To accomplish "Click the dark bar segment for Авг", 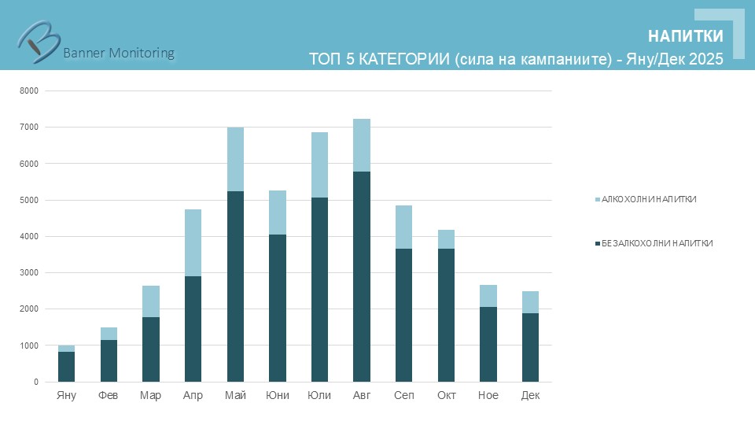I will pos(362,276).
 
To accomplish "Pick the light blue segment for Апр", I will pos(193,242).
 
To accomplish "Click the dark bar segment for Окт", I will pos(446,315).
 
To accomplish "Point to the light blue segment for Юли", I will pos(319,164).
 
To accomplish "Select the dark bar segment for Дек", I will pos(530,347).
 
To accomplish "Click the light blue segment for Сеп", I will pos(403,227).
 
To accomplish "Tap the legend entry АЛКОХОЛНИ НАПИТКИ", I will pos(648,199).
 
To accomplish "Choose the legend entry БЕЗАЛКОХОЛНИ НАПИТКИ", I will pos(656,243).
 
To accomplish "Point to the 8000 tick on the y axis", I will pos(29,91).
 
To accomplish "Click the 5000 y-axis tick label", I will pos(29,200).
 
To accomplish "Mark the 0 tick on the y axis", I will pos(35,382).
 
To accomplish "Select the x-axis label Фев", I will pos(109,395).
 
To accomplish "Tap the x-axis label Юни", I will pos(278,395).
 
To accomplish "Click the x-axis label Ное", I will pos(488,395).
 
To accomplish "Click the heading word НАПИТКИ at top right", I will pos(685,37).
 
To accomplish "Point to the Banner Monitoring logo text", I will pos(118,53).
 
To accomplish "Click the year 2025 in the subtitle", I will pos(705,60).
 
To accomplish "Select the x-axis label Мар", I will pos(150,395).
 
